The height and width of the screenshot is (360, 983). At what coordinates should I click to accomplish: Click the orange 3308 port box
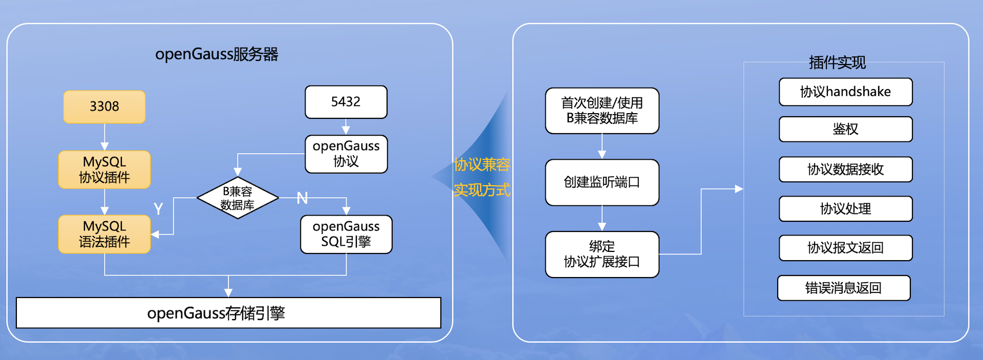click(104, 107)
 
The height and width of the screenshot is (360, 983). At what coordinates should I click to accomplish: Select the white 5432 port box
click(346, 102)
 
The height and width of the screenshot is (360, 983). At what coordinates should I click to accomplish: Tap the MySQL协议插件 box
click(104, 170)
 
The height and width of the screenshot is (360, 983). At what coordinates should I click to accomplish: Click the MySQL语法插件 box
click(104, 234)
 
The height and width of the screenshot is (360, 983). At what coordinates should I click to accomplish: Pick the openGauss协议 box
click(346, 154)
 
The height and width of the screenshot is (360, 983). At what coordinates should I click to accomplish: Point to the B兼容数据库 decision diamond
click(238, 198)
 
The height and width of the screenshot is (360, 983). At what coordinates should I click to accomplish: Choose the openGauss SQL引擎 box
click(346, 234)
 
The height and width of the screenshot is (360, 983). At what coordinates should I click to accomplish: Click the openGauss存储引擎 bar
click(228, 313)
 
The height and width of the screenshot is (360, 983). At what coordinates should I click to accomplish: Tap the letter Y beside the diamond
click(158, 208)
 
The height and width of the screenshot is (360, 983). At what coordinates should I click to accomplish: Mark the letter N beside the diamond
click(302, 198)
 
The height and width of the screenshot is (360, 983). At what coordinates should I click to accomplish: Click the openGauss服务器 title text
click(217, 54)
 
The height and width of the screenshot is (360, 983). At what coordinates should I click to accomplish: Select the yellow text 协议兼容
click(482, 164)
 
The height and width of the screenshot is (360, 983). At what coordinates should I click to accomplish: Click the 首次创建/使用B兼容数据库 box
click(602, 111)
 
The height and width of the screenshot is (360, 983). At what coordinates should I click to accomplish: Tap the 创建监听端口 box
click(602, 182)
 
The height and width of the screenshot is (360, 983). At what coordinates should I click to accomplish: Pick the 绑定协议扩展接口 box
click(602, 254)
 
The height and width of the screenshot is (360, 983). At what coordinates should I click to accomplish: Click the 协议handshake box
click(845, 92)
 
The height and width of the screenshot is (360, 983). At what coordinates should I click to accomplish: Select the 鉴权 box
click(845, 129)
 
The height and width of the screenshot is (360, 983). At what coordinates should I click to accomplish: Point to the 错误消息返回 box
click(844, 288)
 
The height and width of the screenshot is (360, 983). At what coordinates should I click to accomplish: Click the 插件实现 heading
click(837, 62)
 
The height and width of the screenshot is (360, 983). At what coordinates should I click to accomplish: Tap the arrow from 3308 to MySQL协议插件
click(104, 137)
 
